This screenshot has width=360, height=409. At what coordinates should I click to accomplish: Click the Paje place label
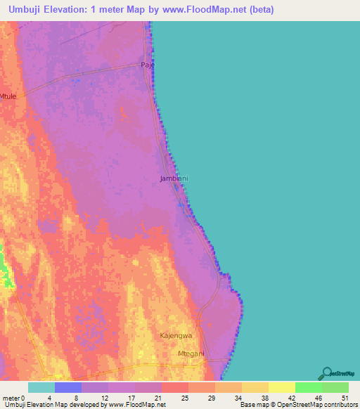tap(148, 65)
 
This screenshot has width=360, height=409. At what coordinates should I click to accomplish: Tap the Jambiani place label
tap(174, 178)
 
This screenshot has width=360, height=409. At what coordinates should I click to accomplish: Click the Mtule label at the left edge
tap(8, 96)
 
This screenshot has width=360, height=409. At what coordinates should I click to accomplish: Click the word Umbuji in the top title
tap(26, 10)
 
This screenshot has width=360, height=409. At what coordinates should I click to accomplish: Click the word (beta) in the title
tap(258, 10)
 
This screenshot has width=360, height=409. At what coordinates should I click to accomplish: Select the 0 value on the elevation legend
tap(25, 397)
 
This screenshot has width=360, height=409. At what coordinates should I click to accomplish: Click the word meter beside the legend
tap(11, 397)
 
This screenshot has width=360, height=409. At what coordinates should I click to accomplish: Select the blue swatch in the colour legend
tap(67, 387)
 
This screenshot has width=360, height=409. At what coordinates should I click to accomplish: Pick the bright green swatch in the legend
tap(308, 387)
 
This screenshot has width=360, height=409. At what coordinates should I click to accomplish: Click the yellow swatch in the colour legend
tap(281, 387)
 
